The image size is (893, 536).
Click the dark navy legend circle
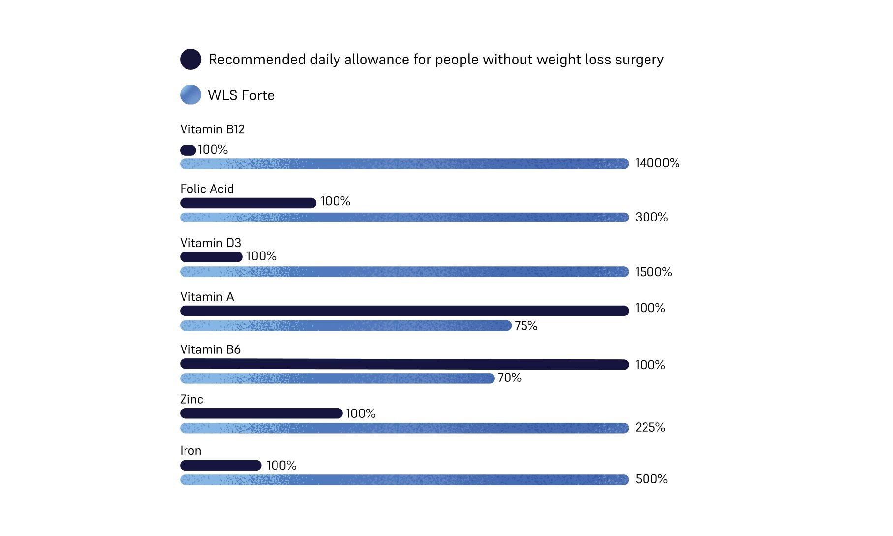click(190, 59)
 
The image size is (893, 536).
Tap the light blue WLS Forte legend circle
click(190, 95)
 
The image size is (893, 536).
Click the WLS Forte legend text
click(241, 95)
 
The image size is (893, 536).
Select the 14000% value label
click(657, 163)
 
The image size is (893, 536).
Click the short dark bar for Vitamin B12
click(188, 150)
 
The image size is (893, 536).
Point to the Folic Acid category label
click(207, 189)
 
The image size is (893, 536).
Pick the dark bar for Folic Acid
click(248, 203)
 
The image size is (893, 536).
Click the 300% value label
click(651, 217)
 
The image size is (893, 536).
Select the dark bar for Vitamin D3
click(211, 256)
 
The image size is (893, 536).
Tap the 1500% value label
click(653, 272)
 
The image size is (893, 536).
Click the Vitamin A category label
click(207, 296)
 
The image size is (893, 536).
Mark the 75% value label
click(526, 326)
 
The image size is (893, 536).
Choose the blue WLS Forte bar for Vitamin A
click(345, 325)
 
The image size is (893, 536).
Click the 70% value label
click(509, 378)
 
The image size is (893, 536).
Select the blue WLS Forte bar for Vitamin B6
click(337, 378)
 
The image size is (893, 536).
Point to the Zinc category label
click(191, 399)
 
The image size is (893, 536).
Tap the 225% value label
click(649, 427)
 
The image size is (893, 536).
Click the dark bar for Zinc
click(261, 413)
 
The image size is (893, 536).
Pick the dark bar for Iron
click(220, 465)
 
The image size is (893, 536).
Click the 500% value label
click(651, 479)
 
